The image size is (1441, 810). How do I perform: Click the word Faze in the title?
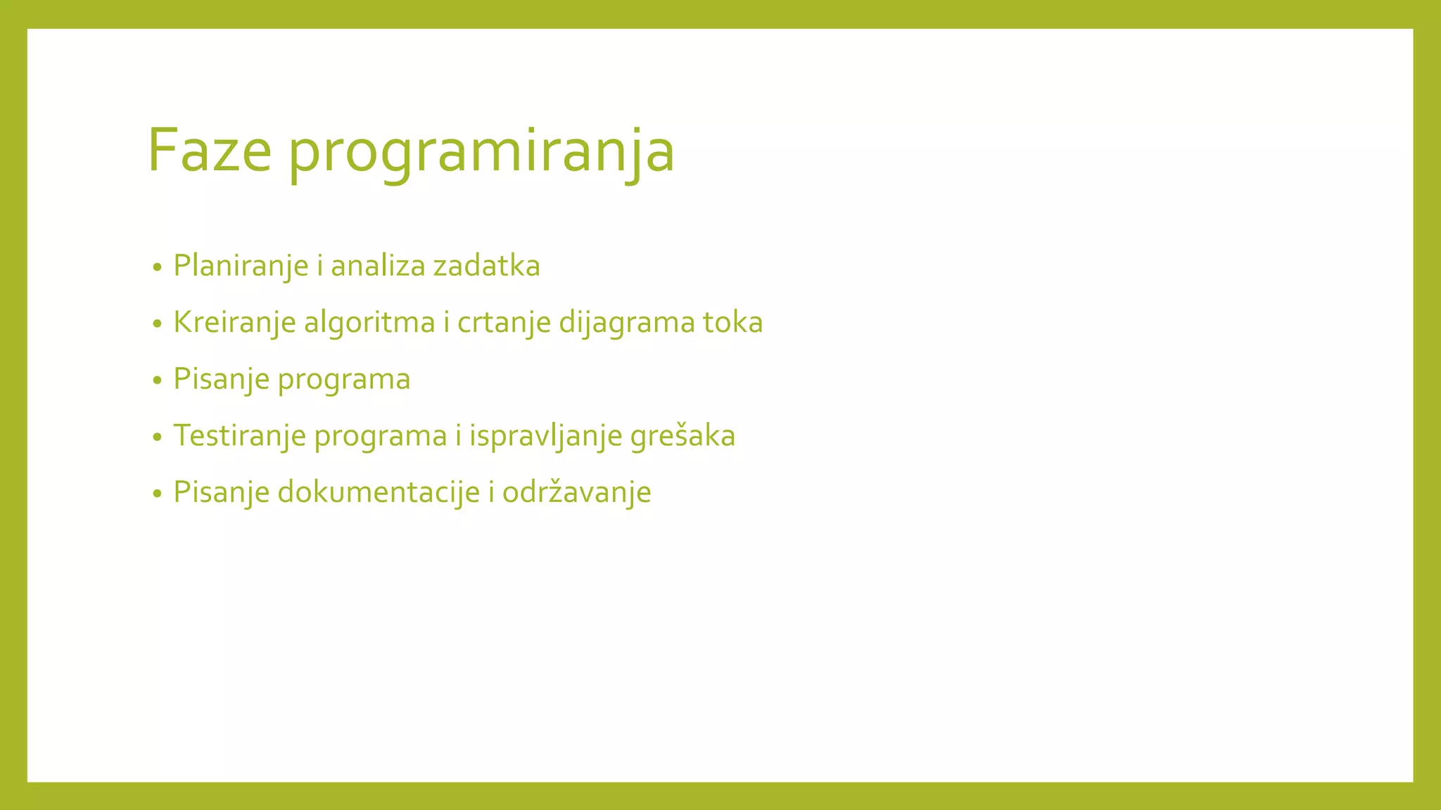(210, 150)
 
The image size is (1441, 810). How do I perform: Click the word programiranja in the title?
(481, 153)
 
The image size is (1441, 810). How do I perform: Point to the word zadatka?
(486, 266)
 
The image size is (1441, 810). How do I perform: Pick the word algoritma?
(369, 323)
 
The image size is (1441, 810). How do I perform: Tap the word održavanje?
(576, 492)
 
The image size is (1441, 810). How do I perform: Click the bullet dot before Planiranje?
(157, 268)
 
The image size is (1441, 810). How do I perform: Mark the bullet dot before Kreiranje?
(157, 324)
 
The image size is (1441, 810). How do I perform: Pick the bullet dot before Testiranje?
(157, 437)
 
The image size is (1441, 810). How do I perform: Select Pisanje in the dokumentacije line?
(221, 492)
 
